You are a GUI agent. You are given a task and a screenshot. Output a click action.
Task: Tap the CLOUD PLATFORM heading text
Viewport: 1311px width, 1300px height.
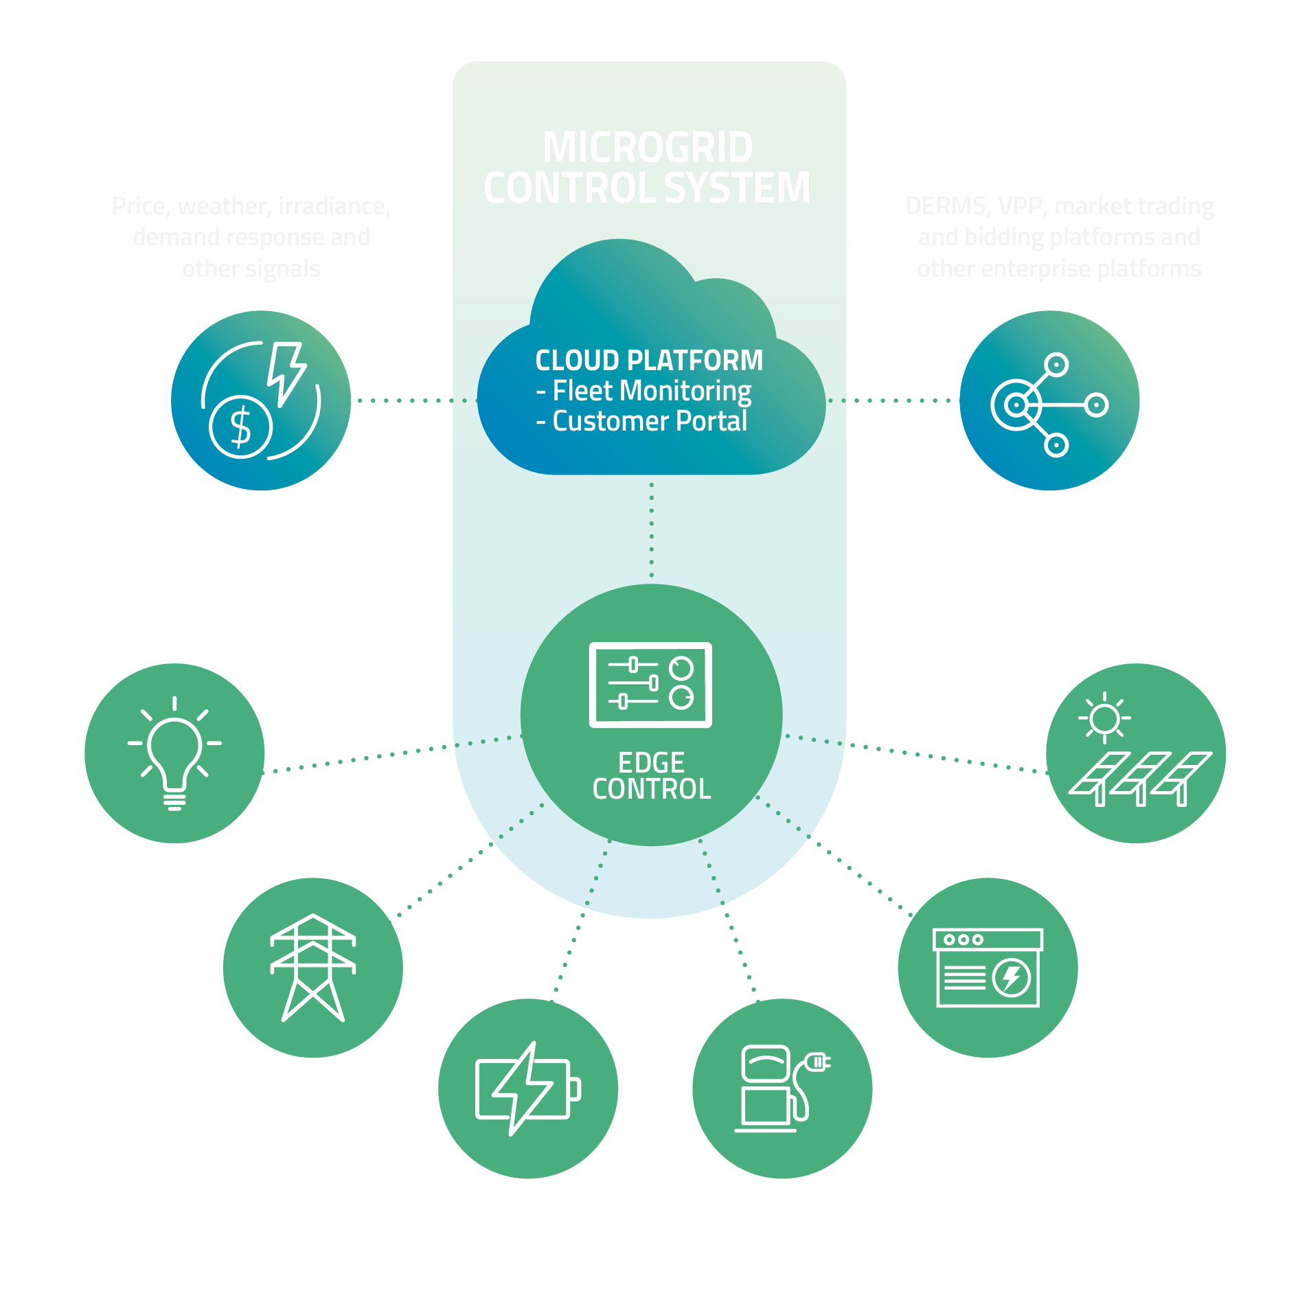[x=649, y=361]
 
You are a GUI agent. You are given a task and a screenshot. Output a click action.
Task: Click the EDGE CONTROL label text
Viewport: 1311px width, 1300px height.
[x=651, y=776]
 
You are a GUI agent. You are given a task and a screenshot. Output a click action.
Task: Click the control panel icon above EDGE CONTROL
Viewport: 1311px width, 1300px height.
[x=650, y=685]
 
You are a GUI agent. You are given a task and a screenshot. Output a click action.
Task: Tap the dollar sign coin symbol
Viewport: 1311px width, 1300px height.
[x=241, y=426]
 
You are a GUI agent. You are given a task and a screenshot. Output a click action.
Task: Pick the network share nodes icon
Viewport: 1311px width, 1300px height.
[x=1048, y=404]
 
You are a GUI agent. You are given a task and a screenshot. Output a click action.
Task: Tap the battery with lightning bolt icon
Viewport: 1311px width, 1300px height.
[x=527, y=1088]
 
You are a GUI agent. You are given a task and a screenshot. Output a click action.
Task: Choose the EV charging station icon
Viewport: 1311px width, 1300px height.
[x=782, y=1088]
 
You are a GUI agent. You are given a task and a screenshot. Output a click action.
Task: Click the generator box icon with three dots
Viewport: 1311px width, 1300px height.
[x=988, y=968]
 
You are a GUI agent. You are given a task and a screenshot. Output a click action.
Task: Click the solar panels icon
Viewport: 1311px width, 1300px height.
[x=1140, y=777]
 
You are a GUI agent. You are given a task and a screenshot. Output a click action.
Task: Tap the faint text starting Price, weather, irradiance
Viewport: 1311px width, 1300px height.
[x=251, y=237]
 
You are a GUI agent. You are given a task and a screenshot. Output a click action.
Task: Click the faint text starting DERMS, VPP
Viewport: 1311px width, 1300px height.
[x=1059, y=237]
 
